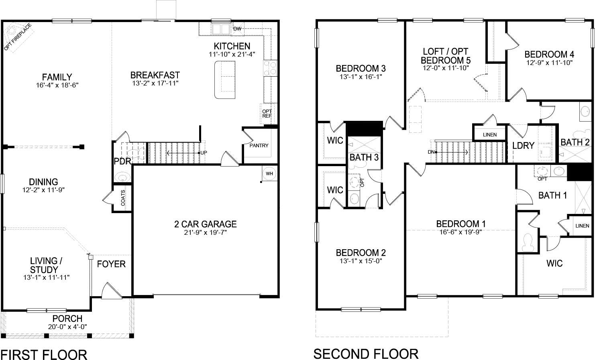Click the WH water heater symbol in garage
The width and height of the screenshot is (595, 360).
269,173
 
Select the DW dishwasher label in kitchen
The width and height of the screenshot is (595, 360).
237,28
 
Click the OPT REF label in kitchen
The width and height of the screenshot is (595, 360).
267,114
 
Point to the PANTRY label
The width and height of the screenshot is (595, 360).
259,145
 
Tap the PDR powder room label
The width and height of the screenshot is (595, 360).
122,162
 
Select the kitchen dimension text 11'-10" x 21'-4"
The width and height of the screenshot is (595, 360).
232,54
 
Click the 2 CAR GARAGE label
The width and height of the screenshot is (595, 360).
205,224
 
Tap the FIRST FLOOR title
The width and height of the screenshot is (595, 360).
44,355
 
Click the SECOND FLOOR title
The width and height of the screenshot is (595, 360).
366,354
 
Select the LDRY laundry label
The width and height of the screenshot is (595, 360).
523,145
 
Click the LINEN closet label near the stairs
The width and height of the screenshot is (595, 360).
489,135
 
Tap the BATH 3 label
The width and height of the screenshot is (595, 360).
364,157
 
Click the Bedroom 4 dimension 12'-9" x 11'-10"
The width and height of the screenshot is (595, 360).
549,63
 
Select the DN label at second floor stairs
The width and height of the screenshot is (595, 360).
431,152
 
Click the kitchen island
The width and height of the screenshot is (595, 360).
225,79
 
